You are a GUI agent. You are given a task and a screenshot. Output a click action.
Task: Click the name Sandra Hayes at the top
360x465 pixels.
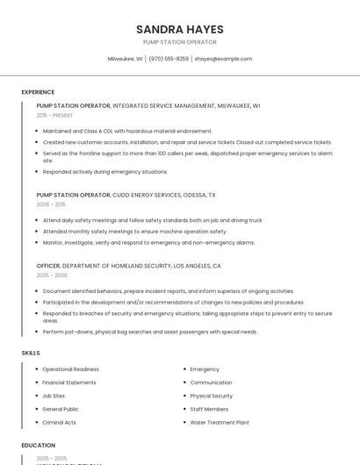click(x=179, y=29)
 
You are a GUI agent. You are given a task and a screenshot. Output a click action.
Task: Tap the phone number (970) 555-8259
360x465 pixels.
click(x=169, y=59)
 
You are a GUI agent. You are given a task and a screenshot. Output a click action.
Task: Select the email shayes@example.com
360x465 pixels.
click(x=223, y=59)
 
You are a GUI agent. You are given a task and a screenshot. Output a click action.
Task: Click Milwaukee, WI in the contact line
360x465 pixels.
click(x=125, y=59)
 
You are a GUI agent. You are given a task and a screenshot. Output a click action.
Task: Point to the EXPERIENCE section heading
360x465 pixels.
click(x=38, y=92)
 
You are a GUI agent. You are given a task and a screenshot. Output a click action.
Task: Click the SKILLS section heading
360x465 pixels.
click(x=31, y=353)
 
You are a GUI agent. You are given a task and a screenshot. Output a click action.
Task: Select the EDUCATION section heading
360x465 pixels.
click(x=39, y=446)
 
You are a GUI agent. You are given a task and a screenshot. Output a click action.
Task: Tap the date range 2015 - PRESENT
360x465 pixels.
click(x=55, y=115)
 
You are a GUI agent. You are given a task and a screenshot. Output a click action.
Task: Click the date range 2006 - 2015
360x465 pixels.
click(x=51, y=204)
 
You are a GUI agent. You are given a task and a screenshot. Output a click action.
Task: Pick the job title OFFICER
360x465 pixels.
click(x=48, y=265)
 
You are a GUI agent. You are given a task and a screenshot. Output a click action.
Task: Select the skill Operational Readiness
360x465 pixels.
click(x=71, y=369)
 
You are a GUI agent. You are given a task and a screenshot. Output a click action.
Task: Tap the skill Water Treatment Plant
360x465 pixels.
click(x=220, y=422)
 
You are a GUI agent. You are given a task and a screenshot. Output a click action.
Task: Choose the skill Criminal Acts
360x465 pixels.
click(x=59, y=422)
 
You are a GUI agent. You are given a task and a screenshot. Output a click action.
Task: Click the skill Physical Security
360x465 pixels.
click(x=212, y=396)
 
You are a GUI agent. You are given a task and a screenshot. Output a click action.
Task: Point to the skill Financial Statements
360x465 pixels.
click(x=69, y=383)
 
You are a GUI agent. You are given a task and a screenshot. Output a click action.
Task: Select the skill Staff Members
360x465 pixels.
click(x=209, y=409)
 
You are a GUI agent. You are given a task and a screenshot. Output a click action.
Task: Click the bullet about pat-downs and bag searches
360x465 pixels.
click(x=149, y=332)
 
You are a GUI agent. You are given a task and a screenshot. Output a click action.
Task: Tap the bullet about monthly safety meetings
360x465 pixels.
click(x=129, y=231)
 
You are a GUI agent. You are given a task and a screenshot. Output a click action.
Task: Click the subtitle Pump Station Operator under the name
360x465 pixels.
click(x=179, y=42)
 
